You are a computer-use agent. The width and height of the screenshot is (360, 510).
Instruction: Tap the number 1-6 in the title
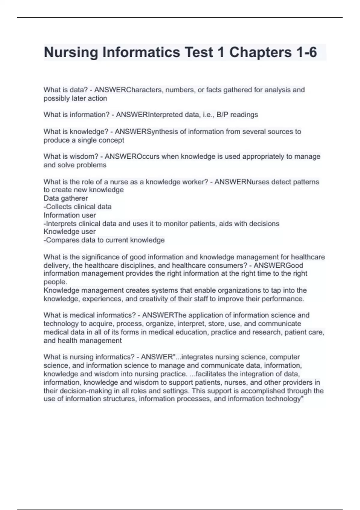coord(306,52)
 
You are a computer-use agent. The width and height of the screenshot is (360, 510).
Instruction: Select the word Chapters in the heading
coord(260,52)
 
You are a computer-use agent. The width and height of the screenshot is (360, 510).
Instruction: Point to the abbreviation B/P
coord(223,115)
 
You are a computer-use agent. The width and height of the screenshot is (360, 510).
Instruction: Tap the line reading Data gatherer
coord(66,198)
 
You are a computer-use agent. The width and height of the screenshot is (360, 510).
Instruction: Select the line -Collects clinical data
coord(77,207)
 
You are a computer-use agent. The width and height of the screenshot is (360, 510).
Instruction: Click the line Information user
coord(70,215)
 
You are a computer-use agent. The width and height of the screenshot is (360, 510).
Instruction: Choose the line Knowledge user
coord(70,232)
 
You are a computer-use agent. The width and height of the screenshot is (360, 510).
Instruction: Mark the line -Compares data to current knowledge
coord(104,240)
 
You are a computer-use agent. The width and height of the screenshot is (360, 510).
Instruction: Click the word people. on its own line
coord(55,282)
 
